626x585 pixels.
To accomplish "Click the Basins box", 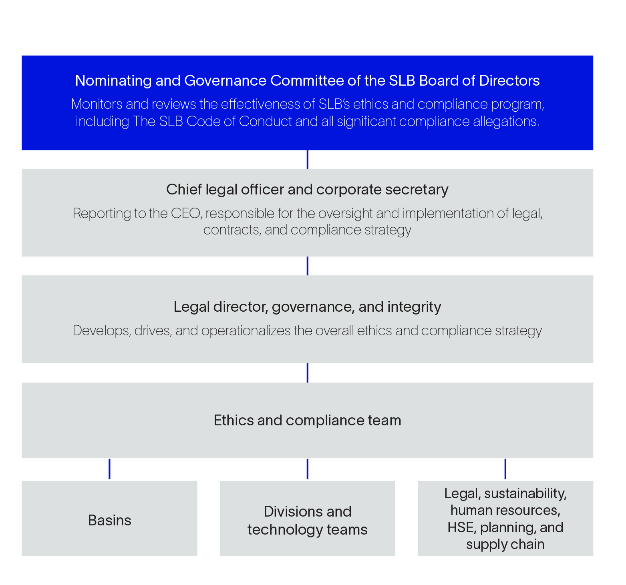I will tap(109, 518).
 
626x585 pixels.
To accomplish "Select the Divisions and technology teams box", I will tap(307, 518).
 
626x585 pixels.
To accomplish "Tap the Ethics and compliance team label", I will tap(307, 420).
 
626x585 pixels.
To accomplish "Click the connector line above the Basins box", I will tap(109, 469).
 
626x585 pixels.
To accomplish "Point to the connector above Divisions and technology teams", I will tap(307, 469).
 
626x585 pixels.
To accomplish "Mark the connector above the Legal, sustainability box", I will tap(505, 469).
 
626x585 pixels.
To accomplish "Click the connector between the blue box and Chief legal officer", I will tap(307, 159).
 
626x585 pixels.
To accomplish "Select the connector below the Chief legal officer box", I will tap(307, 266).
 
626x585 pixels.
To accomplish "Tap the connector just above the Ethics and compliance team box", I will tap(307, 373).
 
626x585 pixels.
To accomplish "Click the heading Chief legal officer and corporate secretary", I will tap(307, 189).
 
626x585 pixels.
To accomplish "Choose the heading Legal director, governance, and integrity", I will tap(307, 307).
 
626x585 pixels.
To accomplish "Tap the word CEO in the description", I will tap(185, 213).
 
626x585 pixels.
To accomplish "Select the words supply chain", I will tap(505, 544).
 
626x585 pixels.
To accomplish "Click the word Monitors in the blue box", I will tap(97, 104).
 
